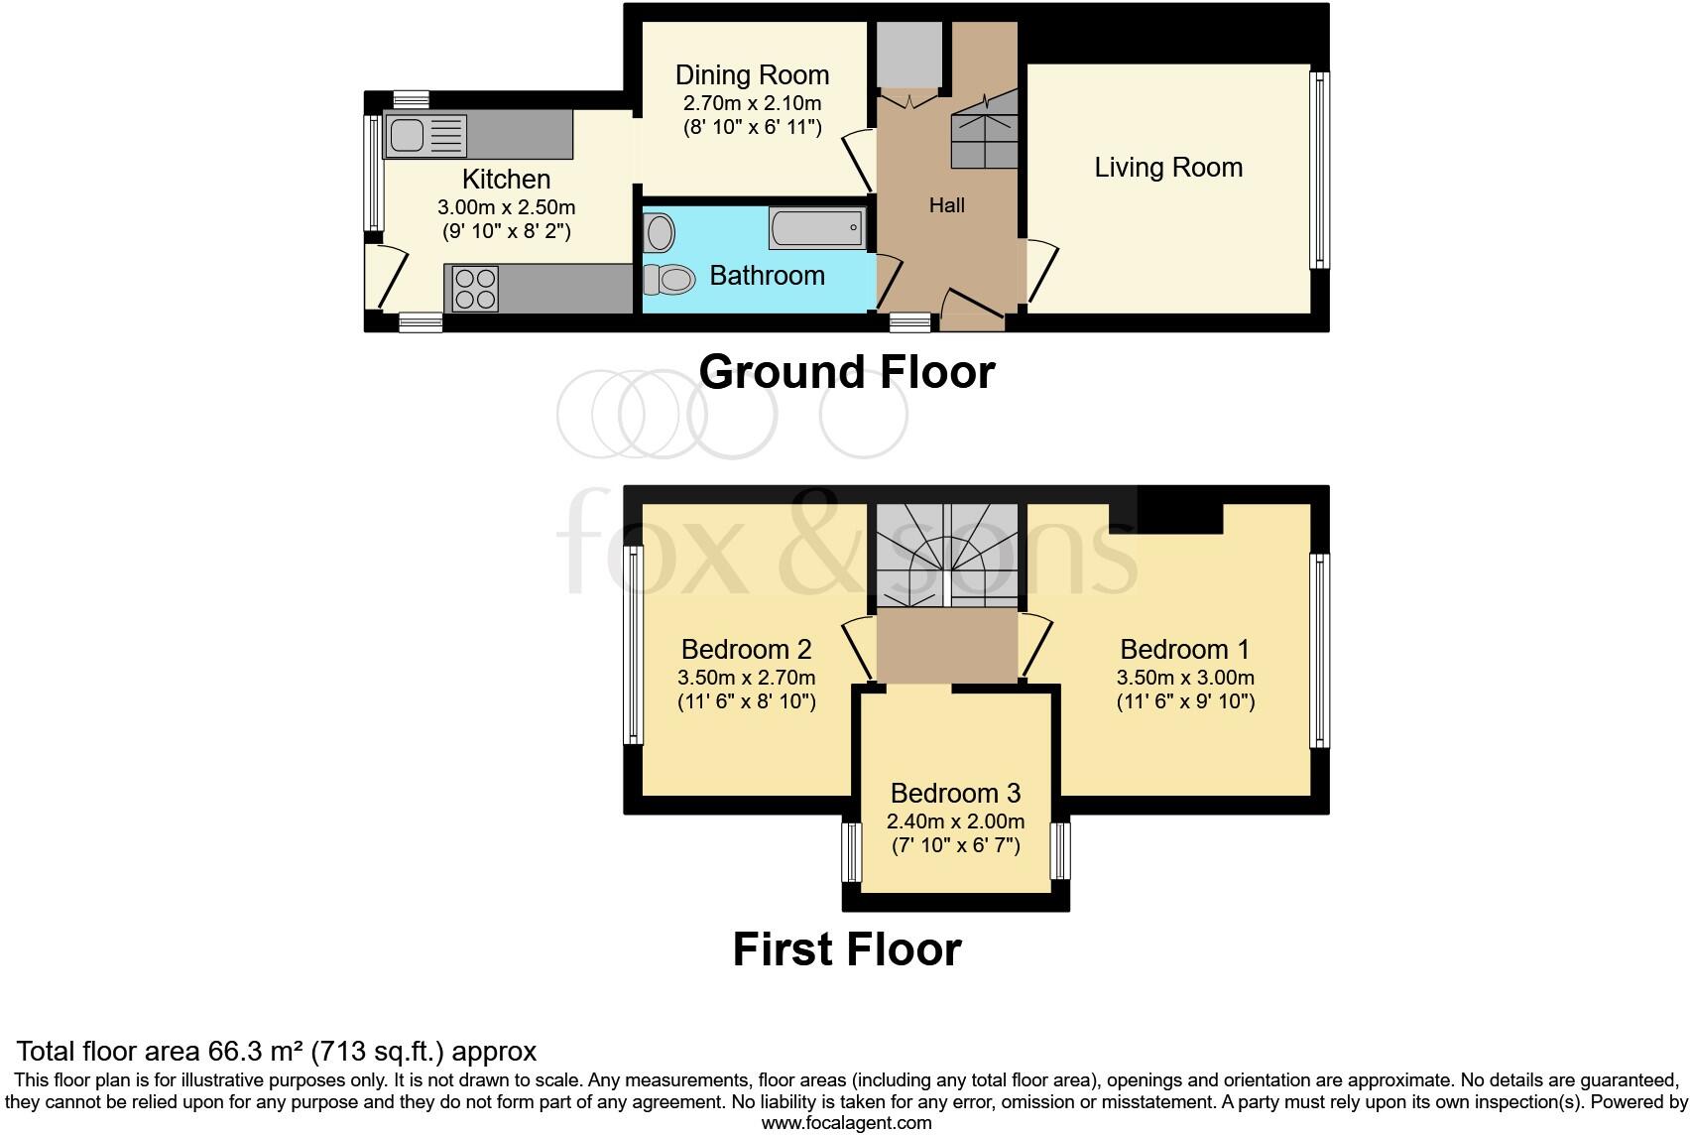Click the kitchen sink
pos(426,136)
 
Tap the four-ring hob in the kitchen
pos(474,289)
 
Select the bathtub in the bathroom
pos(816,229)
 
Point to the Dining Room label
pos(752,75)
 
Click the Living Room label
pos(1168,168)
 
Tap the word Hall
pos(946,206)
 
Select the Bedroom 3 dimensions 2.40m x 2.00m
pos(955,821)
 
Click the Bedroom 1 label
pos(1184,650)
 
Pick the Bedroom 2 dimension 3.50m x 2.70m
pos(746,679)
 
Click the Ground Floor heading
pos(846,373)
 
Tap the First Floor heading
pos(846,949)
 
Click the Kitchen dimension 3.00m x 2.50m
pos(506,208)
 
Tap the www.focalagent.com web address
pos(846,1123)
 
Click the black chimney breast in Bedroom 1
pos(1179,510)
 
